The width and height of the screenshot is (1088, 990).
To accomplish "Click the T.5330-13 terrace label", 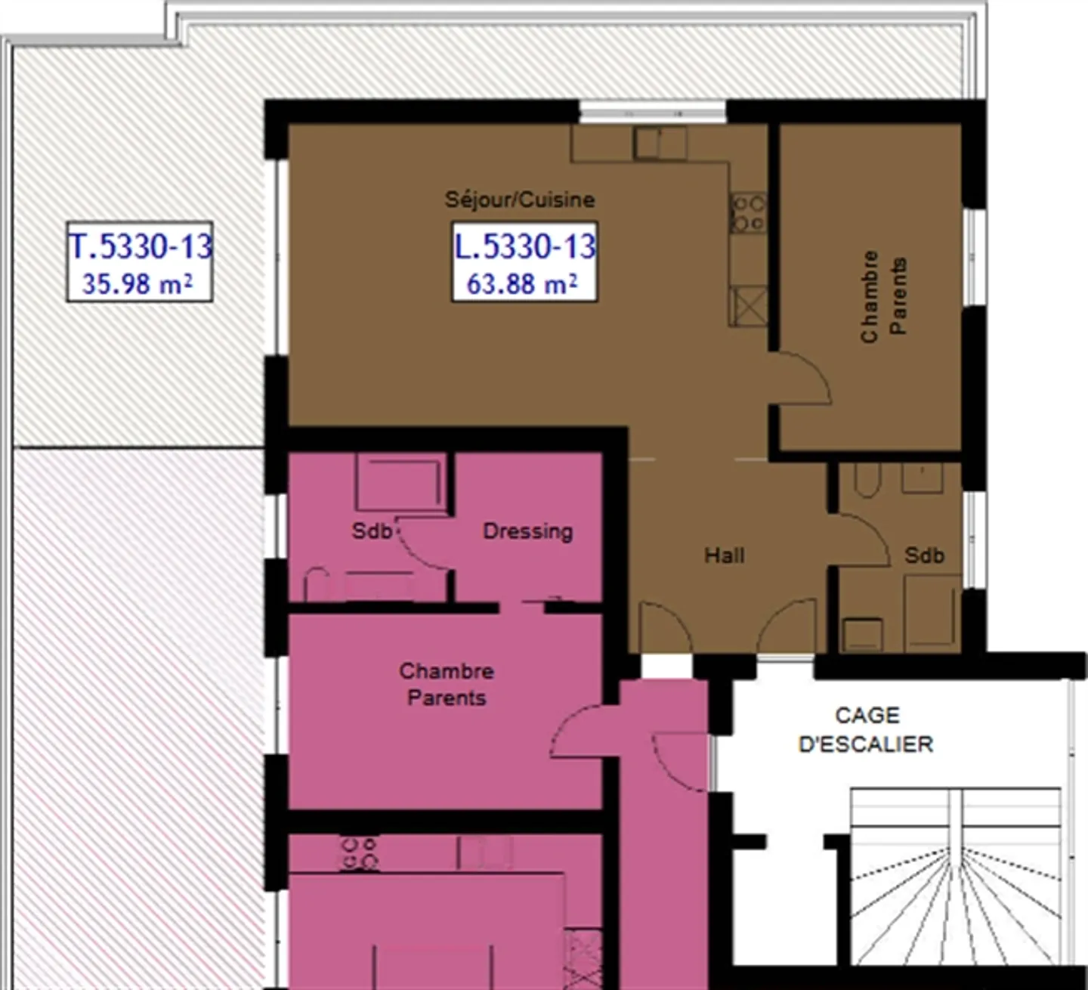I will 141,246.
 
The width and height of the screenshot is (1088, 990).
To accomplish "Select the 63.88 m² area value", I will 522,284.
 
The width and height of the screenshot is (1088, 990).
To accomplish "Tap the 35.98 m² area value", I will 138,284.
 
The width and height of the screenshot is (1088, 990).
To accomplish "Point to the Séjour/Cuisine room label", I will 520,200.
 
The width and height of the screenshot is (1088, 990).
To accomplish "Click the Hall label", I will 724,555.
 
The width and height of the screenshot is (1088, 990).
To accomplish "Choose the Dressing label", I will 527,531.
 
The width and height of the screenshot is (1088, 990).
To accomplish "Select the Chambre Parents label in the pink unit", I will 446,684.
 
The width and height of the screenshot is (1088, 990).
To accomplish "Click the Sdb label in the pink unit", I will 372,531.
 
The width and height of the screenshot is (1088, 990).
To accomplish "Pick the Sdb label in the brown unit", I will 924,555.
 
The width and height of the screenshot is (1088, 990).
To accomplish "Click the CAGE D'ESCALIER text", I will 866,730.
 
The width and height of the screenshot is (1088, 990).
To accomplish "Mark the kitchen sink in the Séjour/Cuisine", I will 660,143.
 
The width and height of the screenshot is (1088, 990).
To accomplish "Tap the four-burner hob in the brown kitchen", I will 748,213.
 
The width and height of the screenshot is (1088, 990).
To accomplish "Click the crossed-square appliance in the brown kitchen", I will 748,307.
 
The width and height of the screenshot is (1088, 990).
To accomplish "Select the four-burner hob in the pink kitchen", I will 359,853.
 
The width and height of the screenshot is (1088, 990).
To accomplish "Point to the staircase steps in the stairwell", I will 956,877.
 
